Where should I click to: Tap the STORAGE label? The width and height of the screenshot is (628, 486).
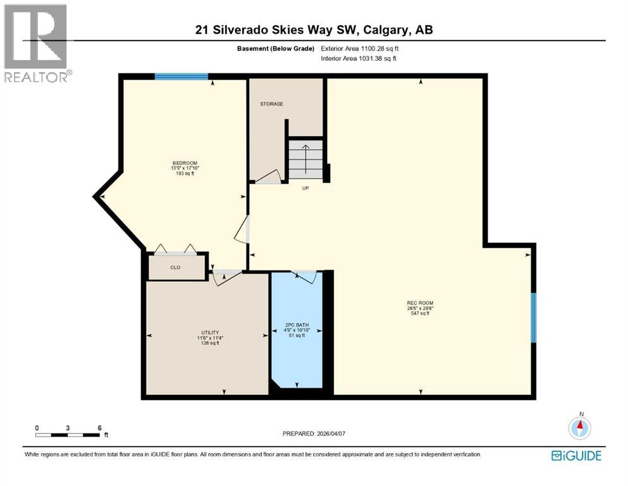tap(271, 104)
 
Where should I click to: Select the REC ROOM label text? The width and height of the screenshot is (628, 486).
tap(420, 302)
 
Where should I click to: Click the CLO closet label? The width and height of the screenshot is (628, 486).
tap(175, 268)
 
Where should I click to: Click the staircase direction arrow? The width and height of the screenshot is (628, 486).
tap(306, 158)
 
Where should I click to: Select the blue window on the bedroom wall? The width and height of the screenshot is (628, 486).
tap(182, 77)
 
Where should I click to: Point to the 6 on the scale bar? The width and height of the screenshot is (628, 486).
tap(99, 428)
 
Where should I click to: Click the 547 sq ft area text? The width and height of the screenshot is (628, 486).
tap(420, 313)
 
